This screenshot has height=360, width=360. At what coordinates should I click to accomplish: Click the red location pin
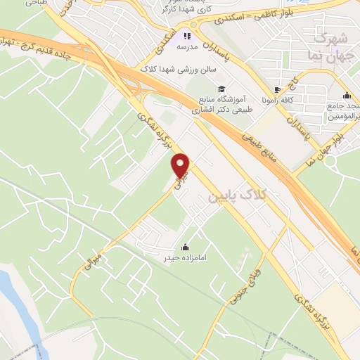tap(181, 165)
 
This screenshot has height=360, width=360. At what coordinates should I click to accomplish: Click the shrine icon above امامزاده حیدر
tap(185, 247)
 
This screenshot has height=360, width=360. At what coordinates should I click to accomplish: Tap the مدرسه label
tap(187, 46)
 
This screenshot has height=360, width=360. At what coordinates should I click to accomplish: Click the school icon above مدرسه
tap(187, 35)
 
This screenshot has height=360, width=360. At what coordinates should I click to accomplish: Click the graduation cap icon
tap(221, 89)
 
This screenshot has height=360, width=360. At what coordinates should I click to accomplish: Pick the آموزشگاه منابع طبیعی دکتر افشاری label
tap(221, 105)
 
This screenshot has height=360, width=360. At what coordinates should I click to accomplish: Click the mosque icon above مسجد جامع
tap(346, 96)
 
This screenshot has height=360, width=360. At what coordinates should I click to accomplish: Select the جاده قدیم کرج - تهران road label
tap(63, 53)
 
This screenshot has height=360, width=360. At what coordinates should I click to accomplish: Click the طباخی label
tap(33, 3)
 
